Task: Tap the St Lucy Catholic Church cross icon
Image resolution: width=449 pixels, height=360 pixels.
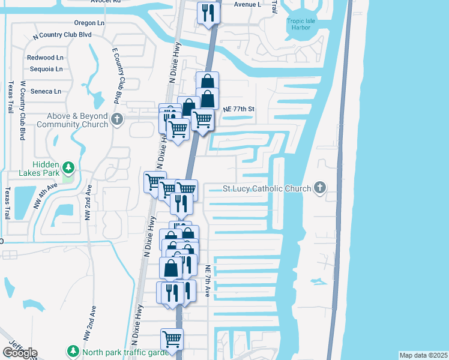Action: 320,188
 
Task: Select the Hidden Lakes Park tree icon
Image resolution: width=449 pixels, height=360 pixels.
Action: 69,166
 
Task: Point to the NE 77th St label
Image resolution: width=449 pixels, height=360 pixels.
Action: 239,109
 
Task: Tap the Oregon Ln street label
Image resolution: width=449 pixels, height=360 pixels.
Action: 89,22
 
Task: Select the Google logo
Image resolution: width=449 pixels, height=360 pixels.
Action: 20,353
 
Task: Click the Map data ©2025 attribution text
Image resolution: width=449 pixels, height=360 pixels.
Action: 423,355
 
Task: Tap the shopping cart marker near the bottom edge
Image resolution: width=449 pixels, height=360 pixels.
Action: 172,338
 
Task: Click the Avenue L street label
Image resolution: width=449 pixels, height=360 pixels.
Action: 247,4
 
